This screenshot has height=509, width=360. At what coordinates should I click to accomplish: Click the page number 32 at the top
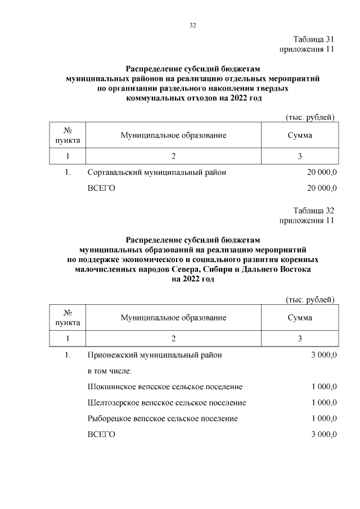pos(192,25)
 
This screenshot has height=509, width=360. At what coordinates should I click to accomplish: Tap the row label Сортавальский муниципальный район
pos(157,173)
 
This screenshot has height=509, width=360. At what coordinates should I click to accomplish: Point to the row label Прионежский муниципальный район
pos(155,355)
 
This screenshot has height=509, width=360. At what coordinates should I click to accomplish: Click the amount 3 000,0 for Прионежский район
pos(323,355)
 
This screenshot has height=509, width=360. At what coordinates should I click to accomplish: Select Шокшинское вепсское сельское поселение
pos(165,387)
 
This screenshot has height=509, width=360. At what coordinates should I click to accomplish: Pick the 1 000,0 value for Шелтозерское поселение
pos(323,403)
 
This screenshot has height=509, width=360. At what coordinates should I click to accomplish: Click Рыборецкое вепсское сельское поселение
pos(163,418)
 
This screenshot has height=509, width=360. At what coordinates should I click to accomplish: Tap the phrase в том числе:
pos(110,371)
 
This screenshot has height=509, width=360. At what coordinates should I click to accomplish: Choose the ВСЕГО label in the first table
pos(102,188)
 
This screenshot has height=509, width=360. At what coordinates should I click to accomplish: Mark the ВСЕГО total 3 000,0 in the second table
pos(323,435)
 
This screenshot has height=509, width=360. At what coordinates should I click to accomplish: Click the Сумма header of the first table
pos(300,136)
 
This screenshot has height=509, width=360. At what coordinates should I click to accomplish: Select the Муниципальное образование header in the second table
pos(173,318)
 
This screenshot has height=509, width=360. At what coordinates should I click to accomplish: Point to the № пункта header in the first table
pos(67,136)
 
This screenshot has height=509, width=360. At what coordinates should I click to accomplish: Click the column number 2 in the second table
pos(173,339)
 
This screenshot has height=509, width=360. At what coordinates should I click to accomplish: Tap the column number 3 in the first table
pos(300,156)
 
